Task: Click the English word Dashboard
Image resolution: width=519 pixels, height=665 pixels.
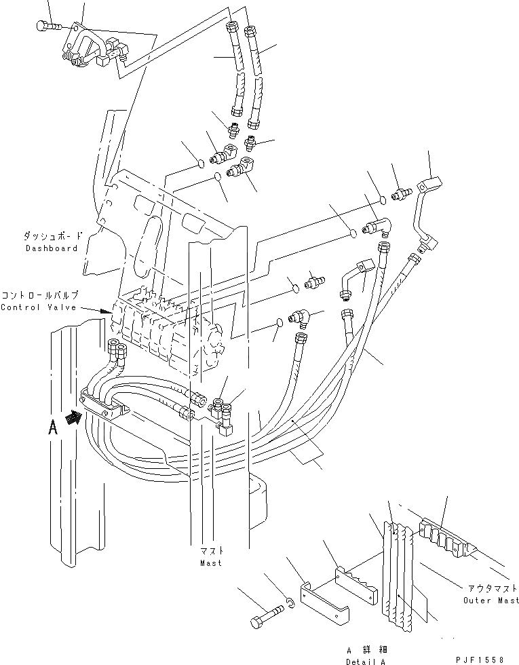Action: tap(52, 248)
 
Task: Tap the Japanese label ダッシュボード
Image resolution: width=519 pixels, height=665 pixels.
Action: tap(52, 237)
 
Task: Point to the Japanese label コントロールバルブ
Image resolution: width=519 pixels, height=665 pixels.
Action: tap(41, 296)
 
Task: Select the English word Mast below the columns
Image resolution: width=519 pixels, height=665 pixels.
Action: tap(210, 563)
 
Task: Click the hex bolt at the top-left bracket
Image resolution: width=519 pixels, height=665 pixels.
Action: tap(45, 26)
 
